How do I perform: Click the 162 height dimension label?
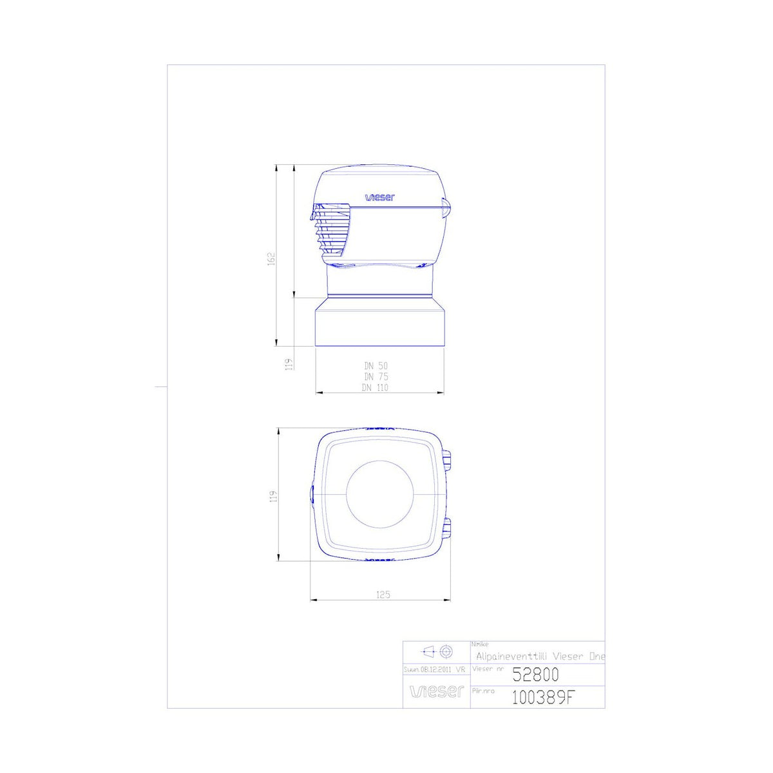[x=272, y=258]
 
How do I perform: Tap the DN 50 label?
[x=376, y=366]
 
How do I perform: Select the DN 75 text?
[x=376, y=377]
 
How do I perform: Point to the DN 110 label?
[x=375, y=388]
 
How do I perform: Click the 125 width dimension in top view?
[x=383, y=595]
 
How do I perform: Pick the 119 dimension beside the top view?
[x=272, y=497]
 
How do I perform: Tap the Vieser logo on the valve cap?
[x=379, y=198]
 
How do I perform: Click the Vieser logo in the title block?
[x=437, y=692]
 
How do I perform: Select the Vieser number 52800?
[x=535, y=674]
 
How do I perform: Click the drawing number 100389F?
[x=541, y=697]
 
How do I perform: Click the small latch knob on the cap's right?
[x=446, y=207]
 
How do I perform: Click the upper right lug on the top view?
[x=447, y=459]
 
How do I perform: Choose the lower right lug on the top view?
[x=447, y=528]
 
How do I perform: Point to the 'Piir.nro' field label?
[x=484, y=691]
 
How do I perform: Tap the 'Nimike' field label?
[x=480, y=644]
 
